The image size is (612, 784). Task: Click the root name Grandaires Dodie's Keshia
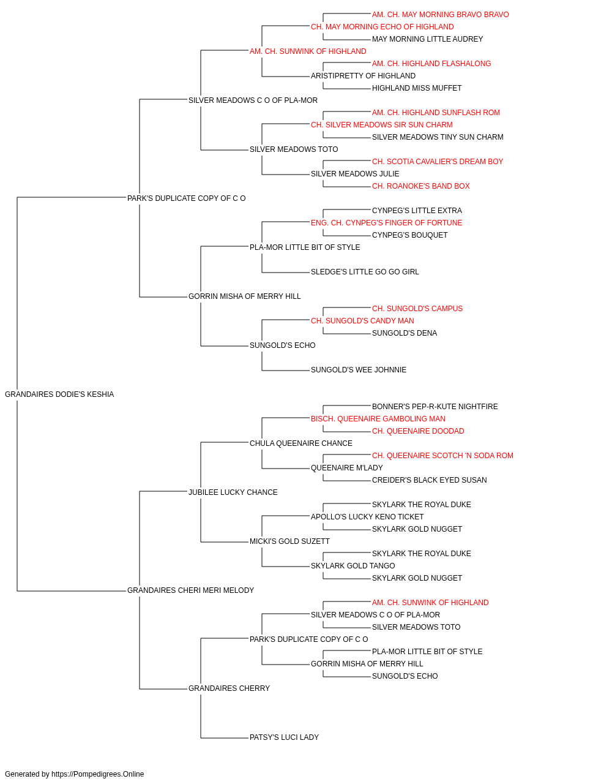[59, 394]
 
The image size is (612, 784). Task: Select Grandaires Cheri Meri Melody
[191, 590]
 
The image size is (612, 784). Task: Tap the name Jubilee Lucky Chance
[233, 492]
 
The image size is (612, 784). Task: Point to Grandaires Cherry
[229, 688]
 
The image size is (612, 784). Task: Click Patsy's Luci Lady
[285, 737]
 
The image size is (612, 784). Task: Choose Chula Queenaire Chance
[301, 443]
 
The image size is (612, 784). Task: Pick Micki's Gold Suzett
[289, 541]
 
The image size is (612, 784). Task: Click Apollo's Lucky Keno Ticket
[367, 517]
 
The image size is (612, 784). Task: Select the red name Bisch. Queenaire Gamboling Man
[378, 418]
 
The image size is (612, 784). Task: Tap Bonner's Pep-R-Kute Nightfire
[435, 406]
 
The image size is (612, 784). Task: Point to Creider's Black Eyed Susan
[429, 480]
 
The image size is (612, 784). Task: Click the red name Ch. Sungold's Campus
[417, 309]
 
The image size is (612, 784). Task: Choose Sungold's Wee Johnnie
[359, 370]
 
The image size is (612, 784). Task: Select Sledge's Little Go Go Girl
[365, 272]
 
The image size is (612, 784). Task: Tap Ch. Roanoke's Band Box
[421, 186]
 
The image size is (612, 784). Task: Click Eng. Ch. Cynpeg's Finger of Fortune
[386, 222]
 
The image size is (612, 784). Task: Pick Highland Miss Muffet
[417, 88]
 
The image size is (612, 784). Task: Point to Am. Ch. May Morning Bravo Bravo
[441, 15]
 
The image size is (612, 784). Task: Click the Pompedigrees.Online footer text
[74, 774]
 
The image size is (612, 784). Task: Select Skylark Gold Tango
[353, 566]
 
